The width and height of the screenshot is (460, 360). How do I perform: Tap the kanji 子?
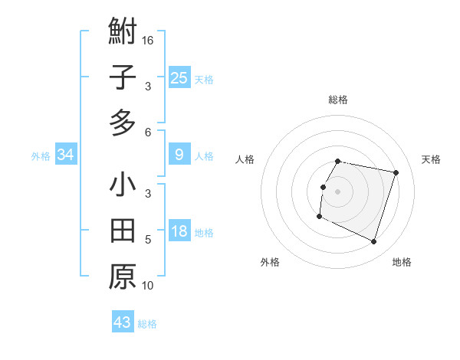(x=123, y=77)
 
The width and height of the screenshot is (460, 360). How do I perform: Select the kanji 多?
(x=123, y=122)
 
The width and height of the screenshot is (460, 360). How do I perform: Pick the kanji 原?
(x=123, y=276)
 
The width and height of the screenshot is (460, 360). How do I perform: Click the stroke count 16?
(x=148, y=40)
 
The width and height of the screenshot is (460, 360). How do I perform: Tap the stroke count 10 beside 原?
(x=148, y=286)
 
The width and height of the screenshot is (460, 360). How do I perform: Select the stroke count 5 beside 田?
(x=148, y=240)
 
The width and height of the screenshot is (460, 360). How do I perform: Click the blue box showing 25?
(x=179, y=77)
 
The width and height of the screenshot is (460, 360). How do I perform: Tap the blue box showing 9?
(x=179, y=155)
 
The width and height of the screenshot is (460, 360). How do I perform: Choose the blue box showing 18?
(x=179, y=231)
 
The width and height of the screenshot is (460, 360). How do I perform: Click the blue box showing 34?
(x=66, y=155)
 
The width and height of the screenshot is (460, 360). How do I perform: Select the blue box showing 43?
(x=123, y=322)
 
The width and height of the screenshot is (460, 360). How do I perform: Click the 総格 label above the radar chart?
(x=338, y=100)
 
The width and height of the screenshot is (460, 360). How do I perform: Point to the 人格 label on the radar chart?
(x=245, y=159)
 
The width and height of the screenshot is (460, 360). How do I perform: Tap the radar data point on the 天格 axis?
(x=396, y=173)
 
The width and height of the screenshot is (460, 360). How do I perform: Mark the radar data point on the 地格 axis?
(x=373, y=242)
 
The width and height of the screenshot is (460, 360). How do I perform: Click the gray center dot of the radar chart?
(x=337, y=191)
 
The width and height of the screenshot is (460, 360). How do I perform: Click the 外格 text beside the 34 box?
(x=41, y=155)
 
